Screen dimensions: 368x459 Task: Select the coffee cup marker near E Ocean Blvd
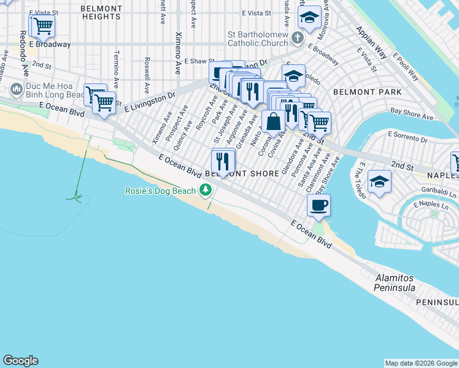click(318, 205)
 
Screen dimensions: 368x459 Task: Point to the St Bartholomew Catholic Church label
click(257, 38)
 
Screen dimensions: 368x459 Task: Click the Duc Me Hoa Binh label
click(55, 91)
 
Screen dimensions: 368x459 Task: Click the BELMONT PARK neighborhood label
click(367, 92)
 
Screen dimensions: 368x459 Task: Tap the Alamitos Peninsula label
click(395, 283)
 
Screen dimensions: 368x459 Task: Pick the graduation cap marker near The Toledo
click(379, 182)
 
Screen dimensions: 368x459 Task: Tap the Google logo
click(20, 361)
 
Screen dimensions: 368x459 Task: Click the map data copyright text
click(421, 363)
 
